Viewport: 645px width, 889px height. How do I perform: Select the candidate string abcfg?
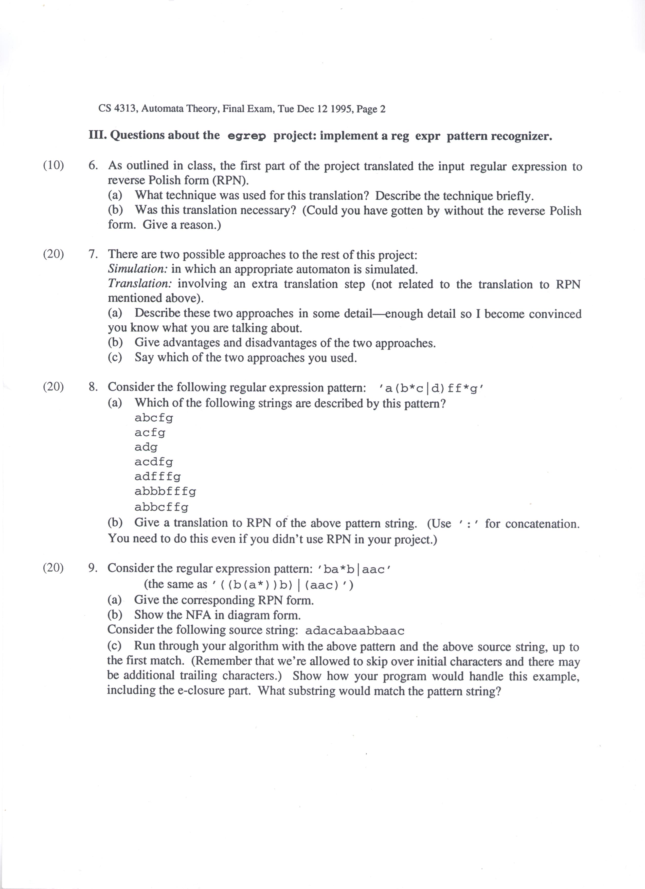coord(154,418)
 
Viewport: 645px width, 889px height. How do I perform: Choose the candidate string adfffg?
coord(158,477)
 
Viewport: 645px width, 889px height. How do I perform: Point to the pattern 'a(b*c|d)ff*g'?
coord(432,388)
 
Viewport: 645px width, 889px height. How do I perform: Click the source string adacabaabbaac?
coord(354,631)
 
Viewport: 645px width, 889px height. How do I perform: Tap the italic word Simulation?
coord(138,269)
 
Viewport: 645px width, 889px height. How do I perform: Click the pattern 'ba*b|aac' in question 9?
coord(356,569)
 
